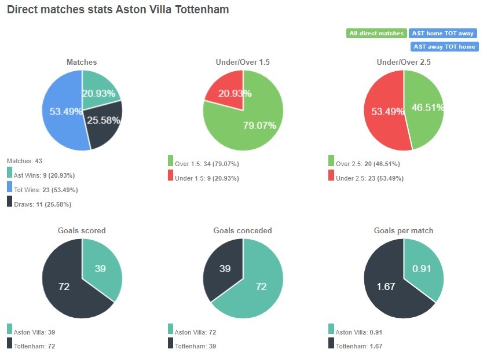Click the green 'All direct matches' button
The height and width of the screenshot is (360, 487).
[x=376, y=34]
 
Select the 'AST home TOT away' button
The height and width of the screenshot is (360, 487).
[x=444, y=34]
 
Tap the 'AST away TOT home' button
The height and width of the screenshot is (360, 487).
[x=444, y=47]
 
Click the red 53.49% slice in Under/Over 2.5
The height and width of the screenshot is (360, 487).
[x=382, y=112]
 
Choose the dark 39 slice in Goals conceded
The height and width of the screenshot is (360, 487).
[x=225, y=267]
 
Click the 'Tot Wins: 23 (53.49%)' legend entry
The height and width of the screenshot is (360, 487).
[x=45, y=190]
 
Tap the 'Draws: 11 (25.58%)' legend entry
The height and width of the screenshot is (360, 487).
[x=42, y=204]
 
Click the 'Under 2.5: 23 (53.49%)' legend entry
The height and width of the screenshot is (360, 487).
[x=368, y=178]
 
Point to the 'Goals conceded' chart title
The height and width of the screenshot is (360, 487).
[x=243, y=230]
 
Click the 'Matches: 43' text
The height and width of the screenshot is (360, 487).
[x=24, y=161]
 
